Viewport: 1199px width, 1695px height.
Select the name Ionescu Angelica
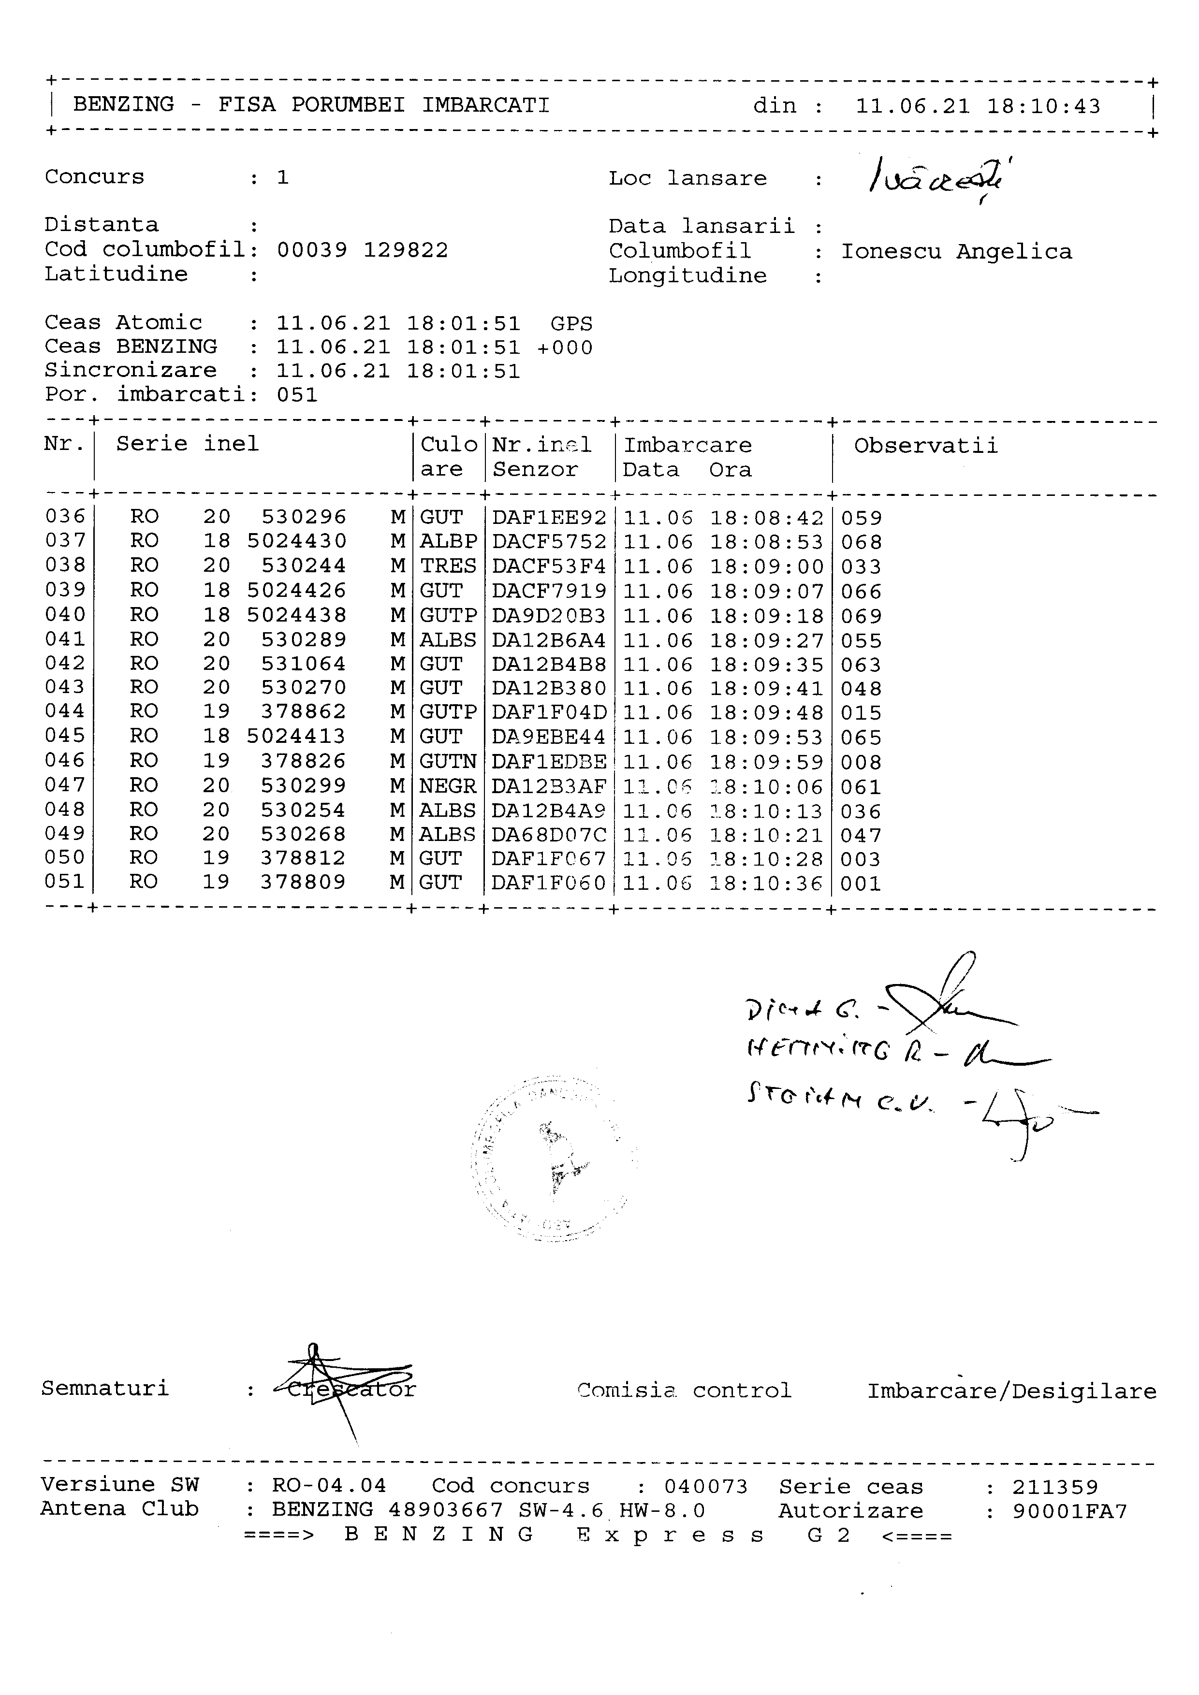coord(956,252)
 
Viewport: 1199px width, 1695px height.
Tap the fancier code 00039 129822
coord(363,250)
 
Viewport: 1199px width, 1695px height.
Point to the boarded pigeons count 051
coord(297,395)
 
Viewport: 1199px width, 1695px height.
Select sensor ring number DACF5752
coord(549,542)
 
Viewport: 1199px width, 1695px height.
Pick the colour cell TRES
coord(447,566)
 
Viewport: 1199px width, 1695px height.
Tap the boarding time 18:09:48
coord(766,713)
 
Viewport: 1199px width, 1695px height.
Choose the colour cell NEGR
coord(447,787)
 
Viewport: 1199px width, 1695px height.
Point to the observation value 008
coord(861,763)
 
